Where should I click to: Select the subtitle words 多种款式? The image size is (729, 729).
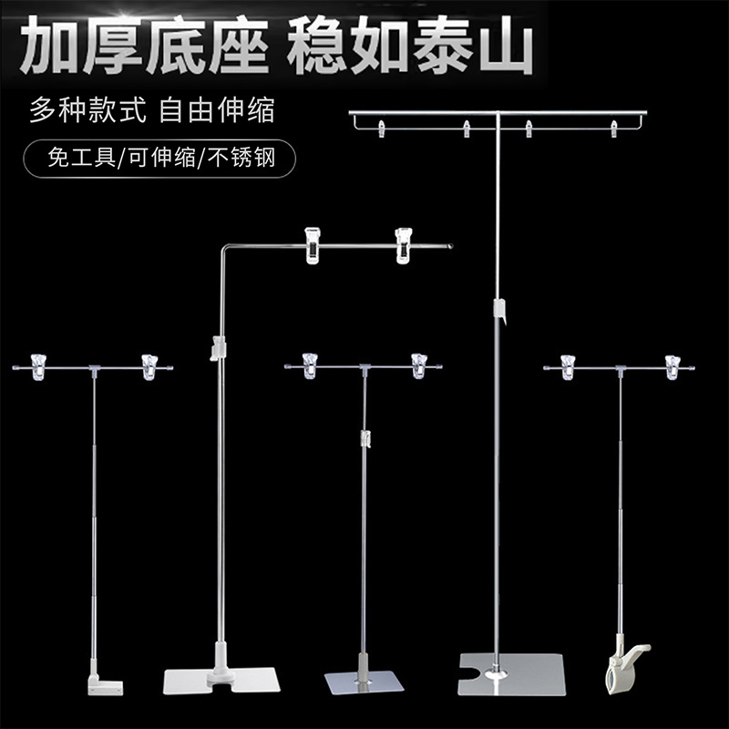pyautogui.click(x=81, y=111)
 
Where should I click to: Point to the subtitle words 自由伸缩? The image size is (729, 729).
pyautogui.click(x=216, y=111)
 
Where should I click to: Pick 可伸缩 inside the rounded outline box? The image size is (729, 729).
pyautogui.click(x=157, y=159)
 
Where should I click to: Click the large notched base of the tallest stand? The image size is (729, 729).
pyautogui.click(x=512, y=674)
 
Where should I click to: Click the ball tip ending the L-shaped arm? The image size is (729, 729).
pyautogui.click(x=449, y=245)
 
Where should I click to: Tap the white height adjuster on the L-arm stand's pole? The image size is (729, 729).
pyautogui.click(x=217, y=347)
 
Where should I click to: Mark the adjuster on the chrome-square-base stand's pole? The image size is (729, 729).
pyautogui.click(x=364, y=439)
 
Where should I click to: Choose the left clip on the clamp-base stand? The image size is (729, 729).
pyautogui.click(x=568, y=366)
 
